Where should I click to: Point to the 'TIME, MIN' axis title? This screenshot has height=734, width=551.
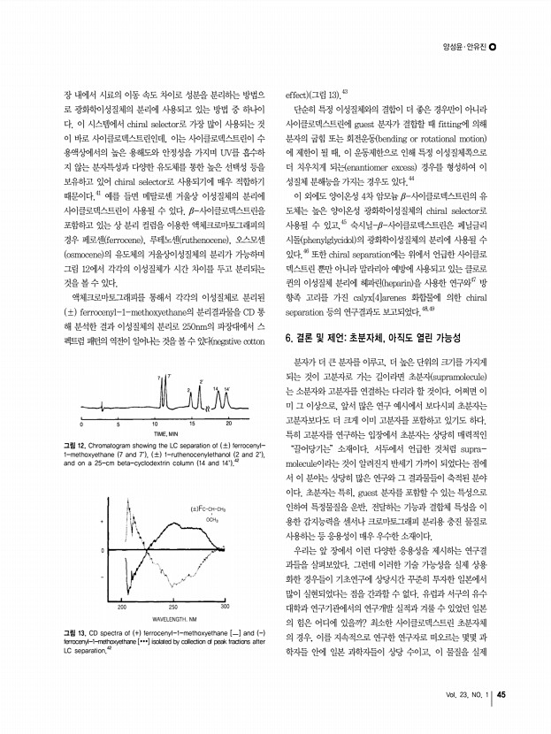click(166, 432)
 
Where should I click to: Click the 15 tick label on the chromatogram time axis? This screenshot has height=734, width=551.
click(192, 423)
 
